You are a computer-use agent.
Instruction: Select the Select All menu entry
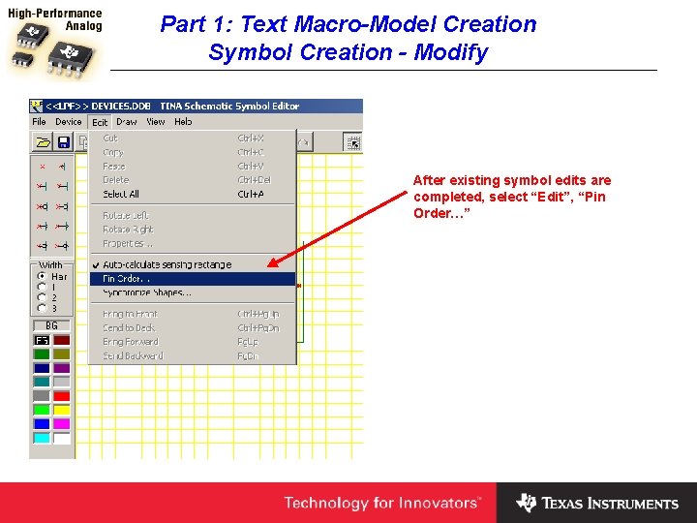121,195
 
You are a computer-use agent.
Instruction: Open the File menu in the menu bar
40,122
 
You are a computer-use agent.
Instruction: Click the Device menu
69,122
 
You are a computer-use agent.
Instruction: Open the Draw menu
127,122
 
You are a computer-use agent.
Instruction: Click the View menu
156,122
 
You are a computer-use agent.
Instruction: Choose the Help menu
183,122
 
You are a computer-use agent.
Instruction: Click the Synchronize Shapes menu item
147,292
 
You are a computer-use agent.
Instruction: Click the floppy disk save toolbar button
64,142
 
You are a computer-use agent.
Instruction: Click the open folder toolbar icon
43,142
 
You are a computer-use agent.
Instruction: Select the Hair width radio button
42,276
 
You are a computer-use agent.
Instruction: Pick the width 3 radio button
42,308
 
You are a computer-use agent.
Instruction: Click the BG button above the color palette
51,326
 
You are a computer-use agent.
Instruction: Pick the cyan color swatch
42,438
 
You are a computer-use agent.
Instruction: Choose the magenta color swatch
62,423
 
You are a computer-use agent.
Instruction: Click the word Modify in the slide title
451,52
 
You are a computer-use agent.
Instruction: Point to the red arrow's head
271,263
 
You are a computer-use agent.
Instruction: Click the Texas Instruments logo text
610,504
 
